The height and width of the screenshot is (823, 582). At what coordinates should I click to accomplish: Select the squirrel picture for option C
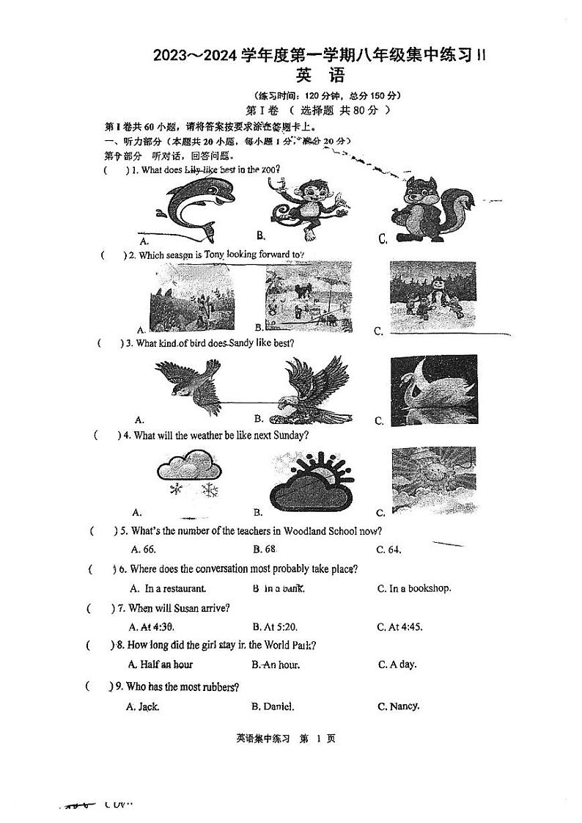[x=430, y=208]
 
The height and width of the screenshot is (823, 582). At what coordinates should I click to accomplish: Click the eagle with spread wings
[x=312, y=389]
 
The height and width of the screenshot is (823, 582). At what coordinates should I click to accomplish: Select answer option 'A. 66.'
[x=143, y=549]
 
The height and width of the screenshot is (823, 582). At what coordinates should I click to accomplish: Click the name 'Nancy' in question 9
[x=404, y=706]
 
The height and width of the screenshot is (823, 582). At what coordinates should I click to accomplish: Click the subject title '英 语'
[x=320, y=76]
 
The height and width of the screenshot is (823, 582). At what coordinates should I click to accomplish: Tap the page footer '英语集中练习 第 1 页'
[x=286, y=739]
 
